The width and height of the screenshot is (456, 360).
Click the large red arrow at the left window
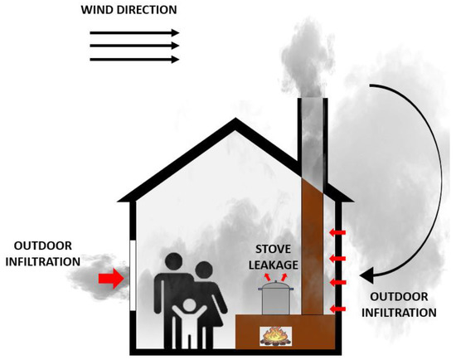coord(110,280)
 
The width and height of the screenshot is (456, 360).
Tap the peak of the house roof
coord(239,124)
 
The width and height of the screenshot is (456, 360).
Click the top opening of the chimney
coord(309,98)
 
